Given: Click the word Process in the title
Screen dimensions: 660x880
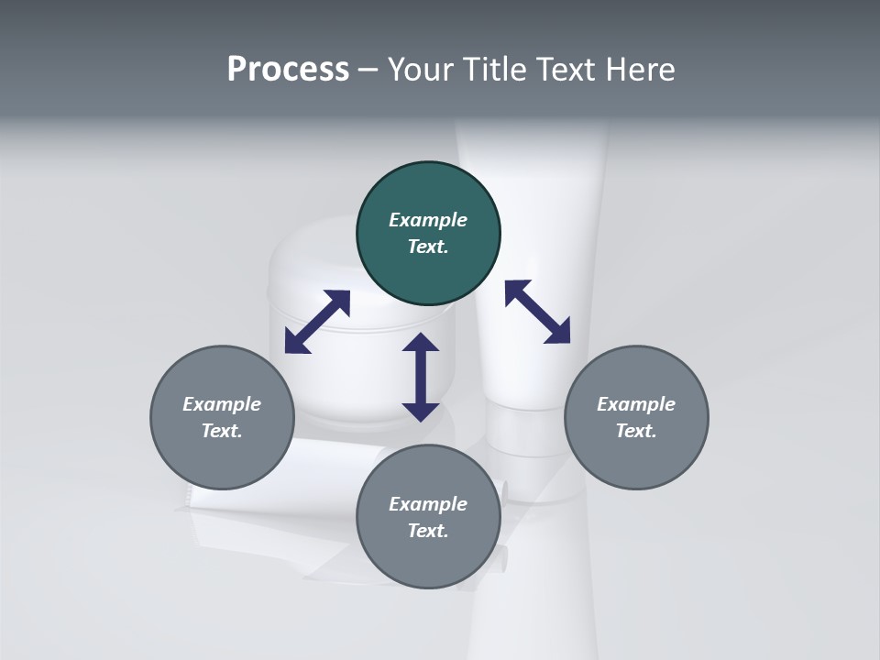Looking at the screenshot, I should [x=288, y=70].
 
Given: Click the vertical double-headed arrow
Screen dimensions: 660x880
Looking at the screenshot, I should [x=421, y=378].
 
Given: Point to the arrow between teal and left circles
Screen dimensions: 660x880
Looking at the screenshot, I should [x=317, y=322].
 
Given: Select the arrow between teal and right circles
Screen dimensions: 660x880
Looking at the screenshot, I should [x=537, y=312].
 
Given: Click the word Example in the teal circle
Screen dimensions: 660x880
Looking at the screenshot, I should [x=428, y=220].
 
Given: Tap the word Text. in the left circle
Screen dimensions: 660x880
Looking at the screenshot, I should [x=222, y=431].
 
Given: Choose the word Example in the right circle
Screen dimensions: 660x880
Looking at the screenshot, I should [x=636, y=404].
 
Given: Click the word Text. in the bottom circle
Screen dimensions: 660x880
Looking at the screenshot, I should [x=428, y=531].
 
